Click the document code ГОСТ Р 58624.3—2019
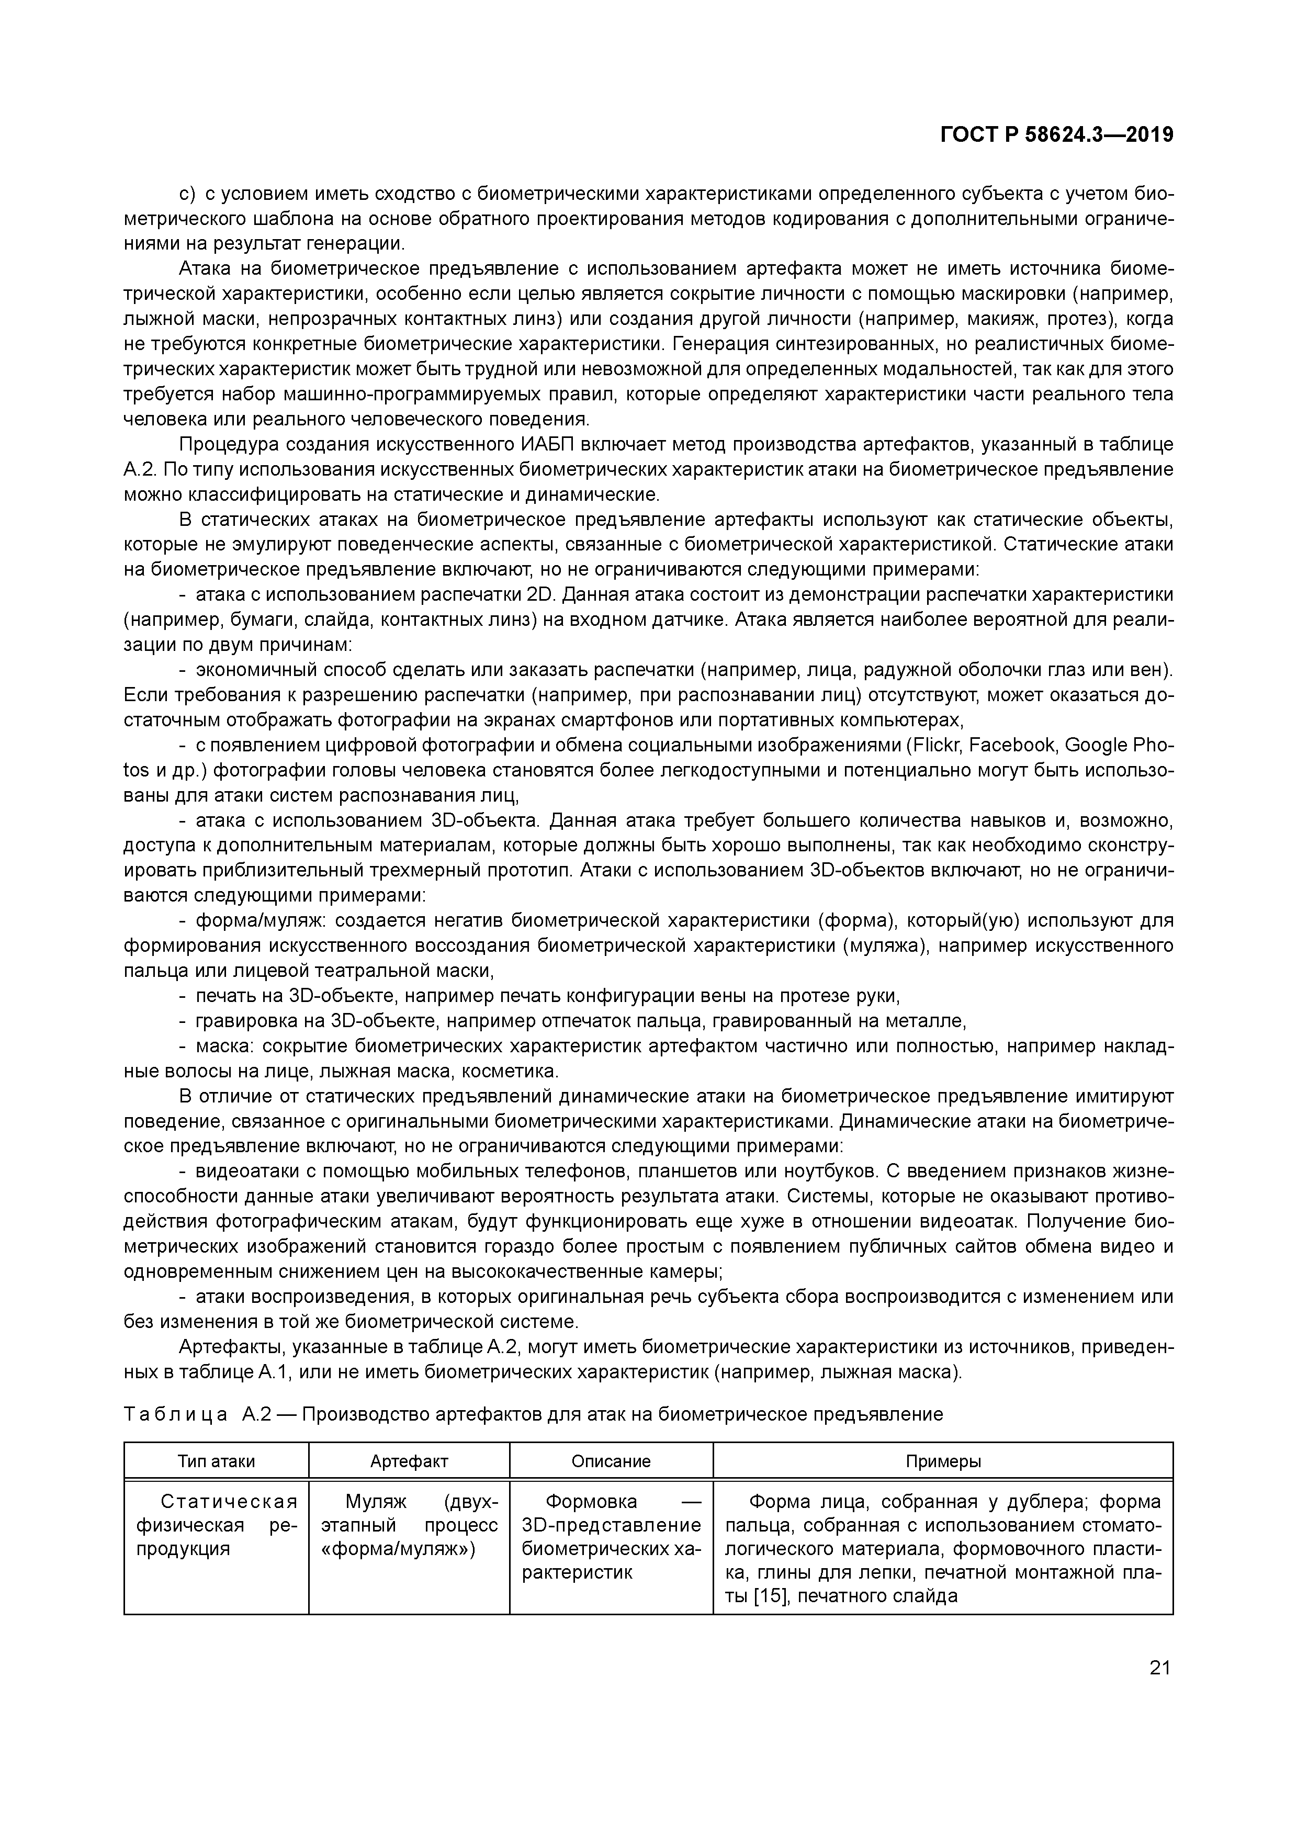coord(1056,135)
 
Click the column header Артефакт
coord(409,1461)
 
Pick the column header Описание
coord(611,1461)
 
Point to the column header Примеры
coord(943,1461)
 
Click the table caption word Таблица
coord(176,1415)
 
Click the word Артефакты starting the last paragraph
coord(231,1347)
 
